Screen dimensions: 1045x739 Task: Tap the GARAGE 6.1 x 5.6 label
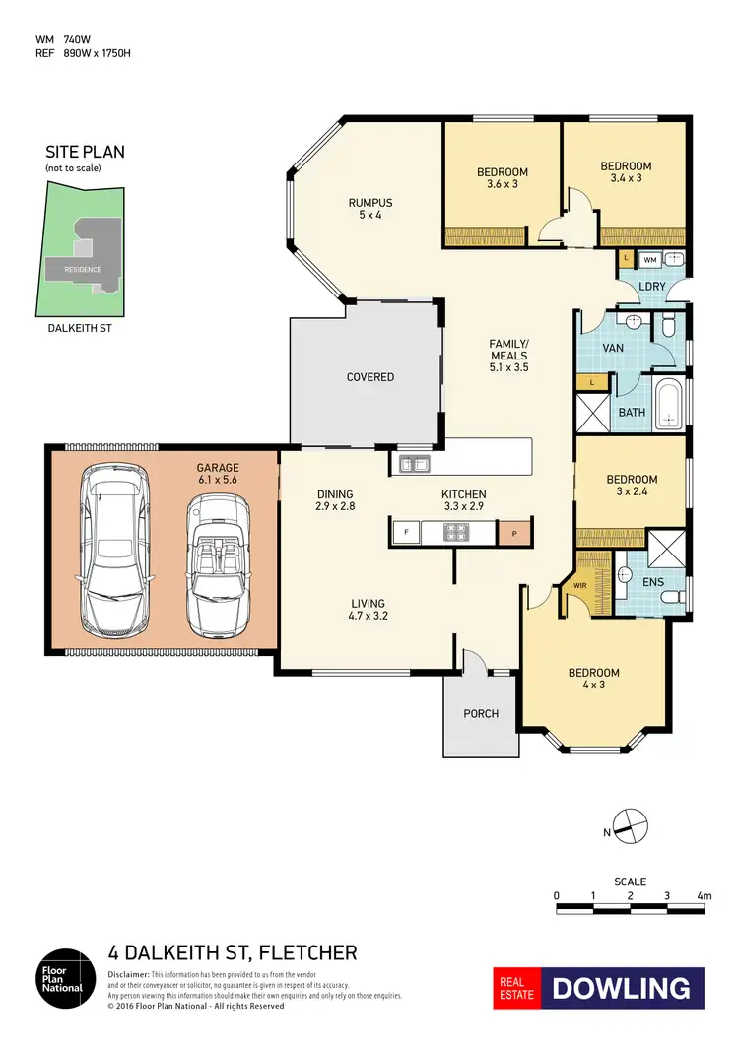click(218, 475)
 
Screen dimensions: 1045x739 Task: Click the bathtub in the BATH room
click(668, 405)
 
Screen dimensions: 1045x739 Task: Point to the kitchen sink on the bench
click(410, 462)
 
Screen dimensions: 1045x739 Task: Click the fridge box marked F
click(404, 532)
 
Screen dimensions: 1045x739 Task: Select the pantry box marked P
click(513, 533)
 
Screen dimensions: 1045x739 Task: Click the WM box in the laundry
click(649, 260)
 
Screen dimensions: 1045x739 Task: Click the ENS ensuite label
click(652, 582)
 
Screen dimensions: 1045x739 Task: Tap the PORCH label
click(480, 713)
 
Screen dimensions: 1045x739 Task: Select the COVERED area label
click(370, 377)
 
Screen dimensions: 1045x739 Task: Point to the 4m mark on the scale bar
click(704, 896)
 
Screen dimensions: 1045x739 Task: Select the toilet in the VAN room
click(668, 325)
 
